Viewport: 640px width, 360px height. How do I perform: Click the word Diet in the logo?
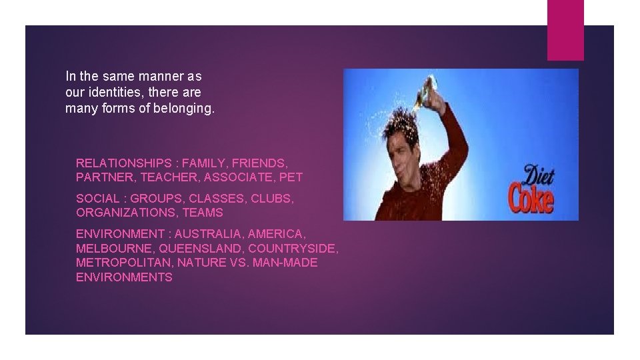537,177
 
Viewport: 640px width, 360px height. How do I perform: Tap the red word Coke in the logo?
531,199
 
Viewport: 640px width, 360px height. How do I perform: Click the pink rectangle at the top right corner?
565,29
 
